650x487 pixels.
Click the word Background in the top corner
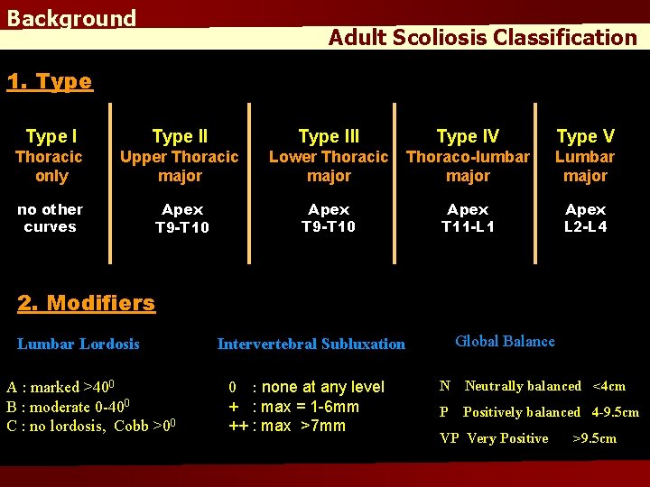(71, 19)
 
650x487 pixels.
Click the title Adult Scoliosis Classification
(482, 38)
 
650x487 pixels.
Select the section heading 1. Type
(50, 81)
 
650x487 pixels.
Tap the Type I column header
(51, 136)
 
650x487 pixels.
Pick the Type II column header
(180, 136)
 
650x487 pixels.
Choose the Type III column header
(329, 136)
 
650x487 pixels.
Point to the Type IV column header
(468, 136)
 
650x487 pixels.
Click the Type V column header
(585, 136)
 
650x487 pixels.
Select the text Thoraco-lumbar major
(468, 166)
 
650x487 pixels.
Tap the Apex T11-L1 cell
(468, 217)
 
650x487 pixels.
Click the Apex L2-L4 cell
(586, 217)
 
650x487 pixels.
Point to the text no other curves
(50, 217)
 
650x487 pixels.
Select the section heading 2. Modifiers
(87, 303)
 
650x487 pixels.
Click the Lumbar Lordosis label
(79, 344)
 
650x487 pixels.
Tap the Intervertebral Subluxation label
(311, 344)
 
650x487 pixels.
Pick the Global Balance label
(505, 341)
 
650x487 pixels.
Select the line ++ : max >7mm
(286, 426)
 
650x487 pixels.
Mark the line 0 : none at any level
(306, 387)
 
